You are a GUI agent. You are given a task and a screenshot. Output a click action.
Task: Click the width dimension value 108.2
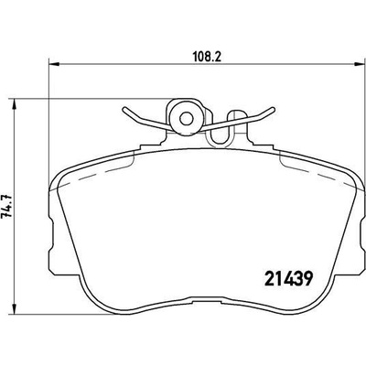point(207,57)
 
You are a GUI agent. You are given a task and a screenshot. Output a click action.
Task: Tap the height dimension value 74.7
point(6,205)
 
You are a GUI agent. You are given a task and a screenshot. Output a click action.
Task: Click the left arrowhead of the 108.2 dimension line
point(53,64)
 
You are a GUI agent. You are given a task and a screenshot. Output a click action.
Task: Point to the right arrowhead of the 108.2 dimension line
point(361,64)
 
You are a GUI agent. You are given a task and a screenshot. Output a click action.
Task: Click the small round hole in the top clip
point(185,119)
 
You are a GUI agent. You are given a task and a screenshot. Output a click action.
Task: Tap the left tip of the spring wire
point(124,109)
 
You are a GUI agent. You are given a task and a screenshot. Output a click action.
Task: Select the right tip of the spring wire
point(273,109)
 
